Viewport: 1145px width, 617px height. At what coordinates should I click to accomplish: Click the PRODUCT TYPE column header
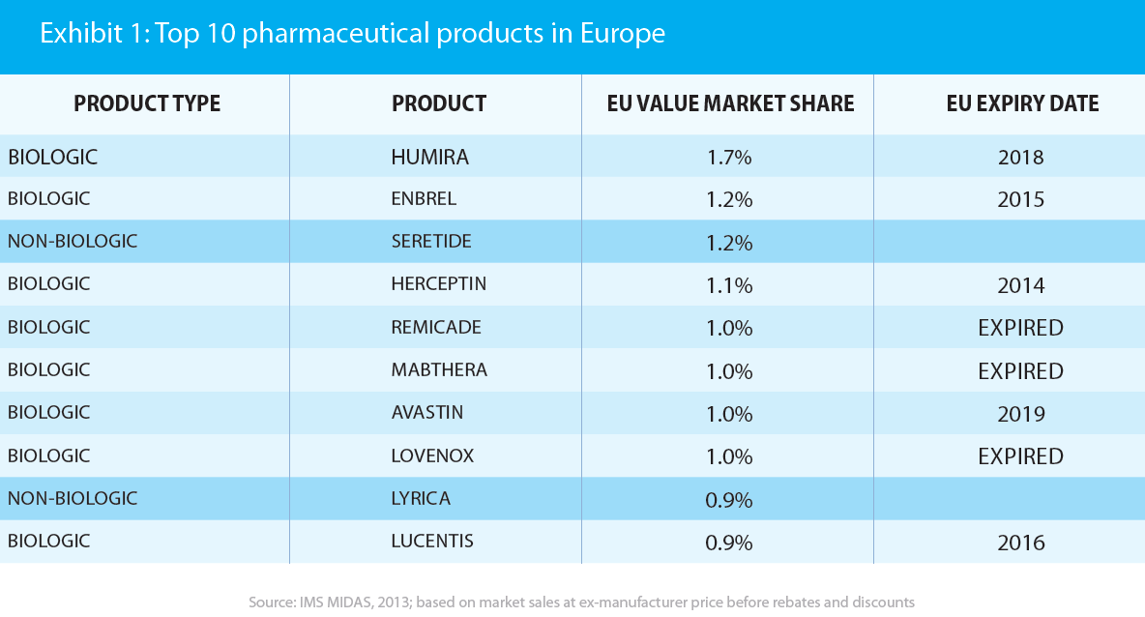point(147,103)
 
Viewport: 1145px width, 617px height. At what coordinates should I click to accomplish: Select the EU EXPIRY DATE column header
point(1022,103)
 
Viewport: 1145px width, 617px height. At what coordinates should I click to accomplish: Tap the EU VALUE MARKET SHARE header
point(730,103)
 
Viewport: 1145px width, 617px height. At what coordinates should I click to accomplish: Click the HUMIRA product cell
point(429,157)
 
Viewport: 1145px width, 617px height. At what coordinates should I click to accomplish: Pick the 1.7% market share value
point(729,157)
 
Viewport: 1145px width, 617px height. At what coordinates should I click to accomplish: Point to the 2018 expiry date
point(1020,157)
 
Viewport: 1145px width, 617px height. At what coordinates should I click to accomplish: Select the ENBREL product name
point(424,199)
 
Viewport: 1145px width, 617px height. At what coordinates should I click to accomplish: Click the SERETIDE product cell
point(431,242)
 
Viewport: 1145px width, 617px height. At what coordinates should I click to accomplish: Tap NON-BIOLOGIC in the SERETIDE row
point(73,242)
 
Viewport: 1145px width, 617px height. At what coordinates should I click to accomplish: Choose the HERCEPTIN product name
point(438,284)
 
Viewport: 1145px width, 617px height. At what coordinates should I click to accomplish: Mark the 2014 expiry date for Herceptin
point(1020,285)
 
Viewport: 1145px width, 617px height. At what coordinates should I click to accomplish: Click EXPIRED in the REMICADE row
point(1020,328)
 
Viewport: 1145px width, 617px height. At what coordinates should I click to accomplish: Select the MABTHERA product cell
point(439,370)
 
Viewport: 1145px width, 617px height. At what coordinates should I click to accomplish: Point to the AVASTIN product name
point(426,413)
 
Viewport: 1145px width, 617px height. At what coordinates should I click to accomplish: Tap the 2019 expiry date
point(1020,414)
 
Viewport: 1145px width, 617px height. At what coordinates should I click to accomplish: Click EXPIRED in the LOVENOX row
point(1020,456)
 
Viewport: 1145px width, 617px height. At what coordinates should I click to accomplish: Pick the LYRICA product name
point(421,499)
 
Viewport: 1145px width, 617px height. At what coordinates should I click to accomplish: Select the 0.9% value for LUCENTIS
point(729,543)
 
